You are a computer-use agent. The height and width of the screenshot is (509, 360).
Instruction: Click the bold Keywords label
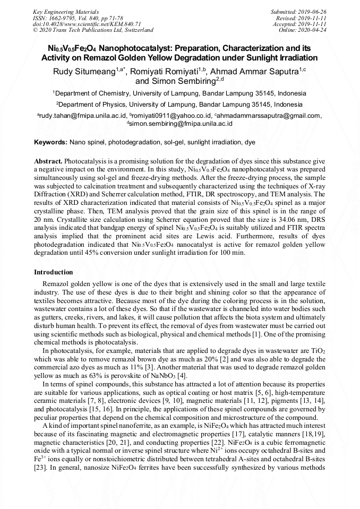tap(50, 143)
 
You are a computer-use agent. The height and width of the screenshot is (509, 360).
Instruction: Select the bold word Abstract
tap(48, 161)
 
